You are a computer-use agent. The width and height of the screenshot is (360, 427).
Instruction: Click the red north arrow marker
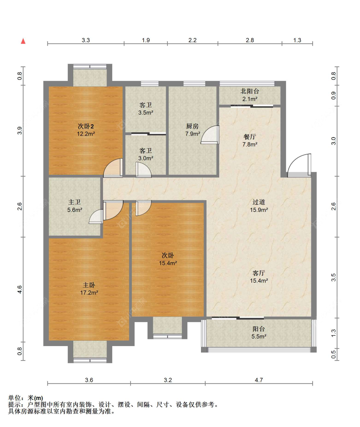[x=23, y=41]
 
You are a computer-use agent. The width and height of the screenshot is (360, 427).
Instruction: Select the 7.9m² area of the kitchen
[x=193, y=134]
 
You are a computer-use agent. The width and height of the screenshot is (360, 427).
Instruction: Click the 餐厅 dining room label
[x=250, y=137]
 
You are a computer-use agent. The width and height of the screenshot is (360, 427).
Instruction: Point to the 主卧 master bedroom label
[x=89, y=285]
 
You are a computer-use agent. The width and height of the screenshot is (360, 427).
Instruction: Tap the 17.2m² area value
[x=89, y=293]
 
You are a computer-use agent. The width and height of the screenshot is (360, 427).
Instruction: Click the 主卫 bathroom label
[x=75, y=202]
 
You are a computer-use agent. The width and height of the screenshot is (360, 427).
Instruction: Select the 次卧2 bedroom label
[x=86, y=126]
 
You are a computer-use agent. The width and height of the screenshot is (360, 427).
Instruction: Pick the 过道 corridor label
[x=259, y=202]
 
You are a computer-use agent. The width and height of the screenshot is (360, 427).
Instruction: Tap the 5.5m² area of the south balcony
[x=259, y=336]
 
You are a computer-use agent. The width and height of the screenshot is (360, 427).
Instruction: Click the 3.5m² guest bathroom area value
[x=146, y=112]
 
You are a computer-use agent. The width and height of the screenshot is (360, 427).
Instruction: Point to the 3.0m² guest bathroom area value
[x=146, y=158]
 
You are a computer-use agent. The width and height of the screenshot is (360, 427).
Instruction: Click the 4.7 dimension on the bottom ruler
[x=259, y=380]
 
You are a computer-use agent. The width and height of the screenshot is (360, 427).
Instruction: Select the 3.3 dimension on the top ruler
[x=86, y=40]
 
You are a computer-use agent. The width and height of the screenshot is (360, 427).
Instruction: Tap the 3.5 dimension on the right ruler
[x=333, y=277]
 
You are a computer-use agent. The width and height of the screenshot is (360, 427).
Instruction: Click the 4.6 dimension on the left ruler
[x=20, y=290]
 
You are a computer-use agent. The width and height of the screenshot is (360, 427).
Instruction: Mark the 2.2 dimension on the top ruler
[x=193, y=40]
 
